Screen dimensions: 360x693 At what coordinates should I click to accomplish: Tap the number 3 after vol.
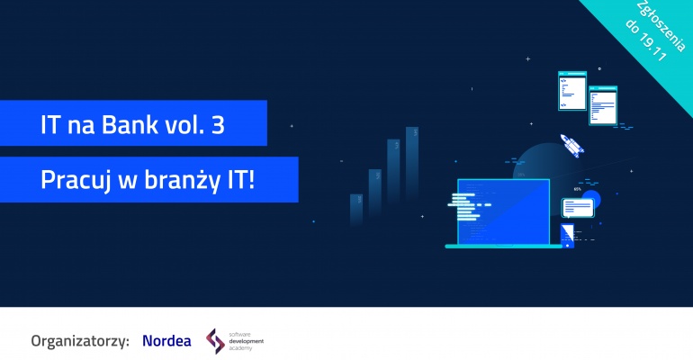click(x=217, y=124)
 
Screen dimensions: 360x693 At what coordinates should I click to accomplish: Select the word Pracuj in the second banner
click(x=73, y=181)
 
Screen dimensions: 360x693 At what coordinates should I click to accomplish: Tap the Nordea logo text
click(x=166, y=340)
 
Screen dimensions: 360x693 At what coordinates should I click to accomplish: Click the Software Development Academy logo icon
click(x=215, y=340)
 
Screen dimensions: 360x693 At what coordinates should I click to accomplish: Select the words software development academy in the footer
click(x=247, y=340)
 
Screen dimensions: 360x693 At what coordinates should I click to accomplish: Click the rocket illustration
click(x=570, y=144)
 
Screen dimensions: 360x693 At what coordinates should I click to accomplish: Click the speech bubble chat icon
click(x=578, y=208)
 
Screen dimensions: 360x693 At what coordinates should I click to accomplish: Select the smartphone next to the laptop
click(x=567, y=236)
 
